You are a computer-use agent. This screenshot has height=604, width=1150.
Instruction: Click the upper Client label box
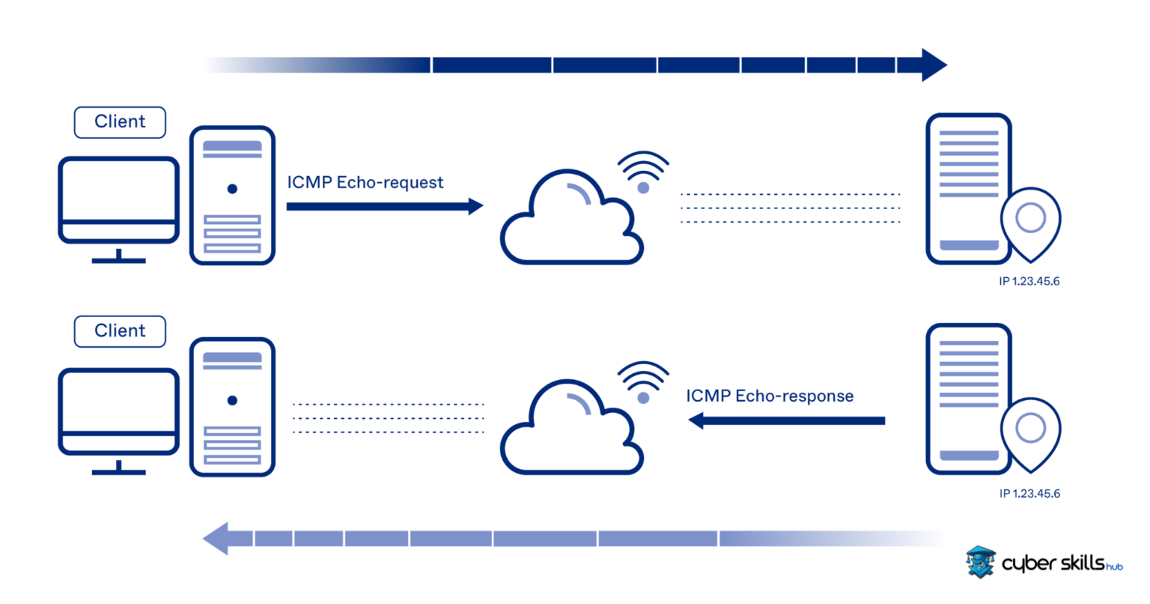tap(120, 122)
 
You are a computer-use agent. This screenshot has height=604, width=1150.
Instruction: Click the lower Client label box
tap(120, 331)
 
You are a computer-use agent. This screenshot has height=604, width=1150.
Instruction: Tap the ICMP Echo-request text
tap(365, 182)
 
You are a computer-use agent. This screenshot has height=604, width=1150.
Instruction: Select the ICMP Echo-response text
tap(770, 396)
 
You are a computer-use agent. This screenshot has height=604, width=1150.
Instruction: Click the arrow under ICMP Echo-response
tap(786, 421)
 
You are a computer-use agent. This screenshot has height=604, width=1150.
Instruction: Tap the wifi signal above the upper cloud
tap(643, 173)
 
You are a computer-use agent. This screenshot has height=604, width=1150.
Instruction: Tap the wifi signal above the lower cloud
tap(643, 383)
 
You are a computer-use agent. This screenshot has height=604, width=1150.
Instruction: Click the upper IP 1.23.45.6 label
tap(1029, 282)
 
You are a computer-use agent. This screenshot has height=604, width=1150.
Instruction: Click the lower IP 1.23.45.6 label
tap(1029, 494)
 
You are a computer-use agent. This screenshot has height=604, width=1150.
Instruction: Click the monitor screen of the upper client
tap(119, 191)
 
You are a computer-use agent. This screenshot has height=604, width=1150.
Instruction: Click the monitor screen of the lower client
tap(119, 402)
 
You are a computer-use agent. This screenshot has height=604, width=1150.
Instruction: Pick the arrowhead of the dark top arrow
tap(931, 65)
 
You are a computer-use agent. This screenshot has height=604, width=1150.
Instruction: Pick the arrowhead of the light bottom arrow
tap(218, 539)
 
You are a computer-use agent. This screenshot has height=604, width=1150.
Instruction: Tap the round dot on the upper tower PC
tap(232, 189)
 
